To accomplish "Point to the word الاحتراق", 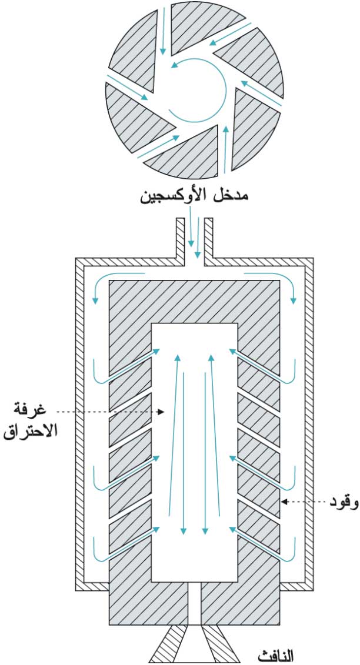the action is click(x=30, y=431).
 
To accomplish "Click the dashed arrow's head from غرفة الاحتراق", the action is click(x=161, y=412).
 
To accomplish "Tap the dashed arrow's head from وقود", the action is click(x=284, y=502).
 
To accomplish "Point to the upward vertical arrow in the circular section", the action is click(x=225, y=150).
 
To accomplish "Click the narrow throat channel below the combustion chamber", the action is click(x=195, y=603).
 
